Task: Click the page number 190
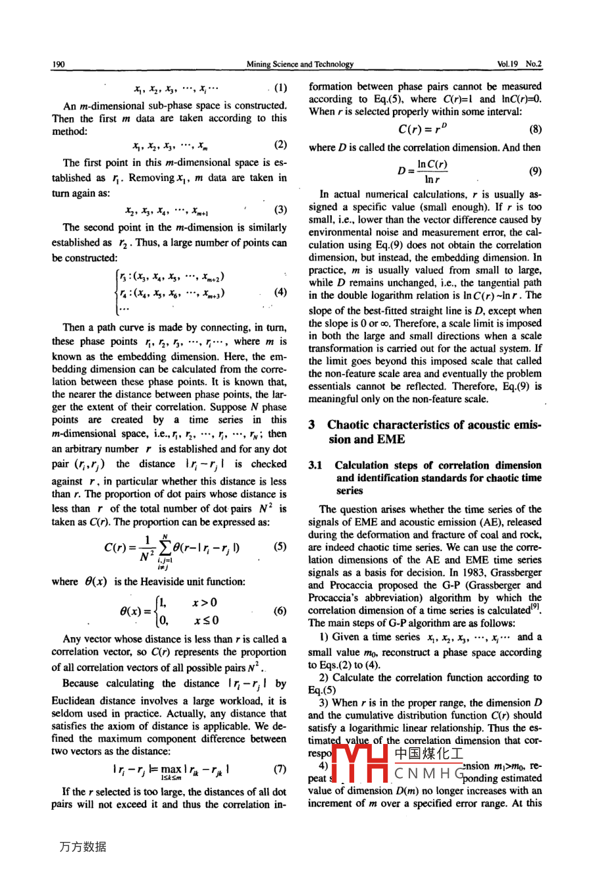pyautogui.click(x=58, y=64)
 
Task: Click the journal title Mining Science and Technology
pyautogui.click(x=299, y=64)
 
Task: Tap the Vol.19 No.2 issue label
pyautogui.click(x=519, y=64)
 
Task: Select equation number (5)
pyautogui.click(x=280, y=546)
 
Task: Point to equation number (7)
pyautogui.click(x=280, y=769)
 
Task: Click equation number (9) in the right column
pyautogui.click(x=535, y=171)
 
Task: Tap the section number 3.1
pyautogui.click(x=315, y=465)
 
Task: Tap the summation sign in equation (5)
pyautogui.click(x=165, y=548)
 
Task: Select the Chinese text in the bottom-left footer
pyautogui.click(x=82, y=847)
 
